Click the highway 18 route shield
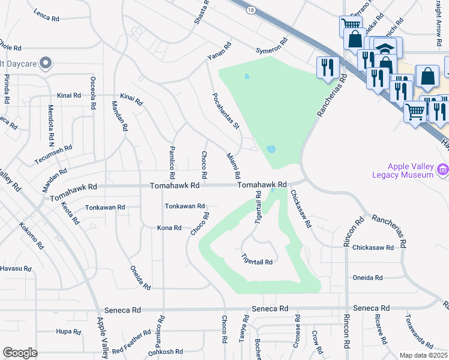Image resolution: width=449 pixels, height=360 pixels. point(250,10)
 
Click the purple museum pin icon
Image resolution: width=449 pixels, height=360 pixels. point(443,170)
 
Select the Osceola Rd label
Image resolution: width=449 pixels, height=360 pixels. point(93,94)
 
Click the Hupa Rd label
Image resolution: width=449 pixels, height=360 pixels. point(64,331)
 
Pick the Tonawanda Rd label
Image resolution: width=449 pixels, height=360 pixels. point(418,332)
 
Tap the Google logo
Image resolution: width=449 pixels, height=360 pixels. point(20,353)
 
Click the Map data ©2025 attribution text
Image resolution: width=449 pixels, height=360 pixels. point(423,355)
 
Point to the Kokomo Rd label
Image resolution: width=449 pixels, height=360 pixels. point(31,236)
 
